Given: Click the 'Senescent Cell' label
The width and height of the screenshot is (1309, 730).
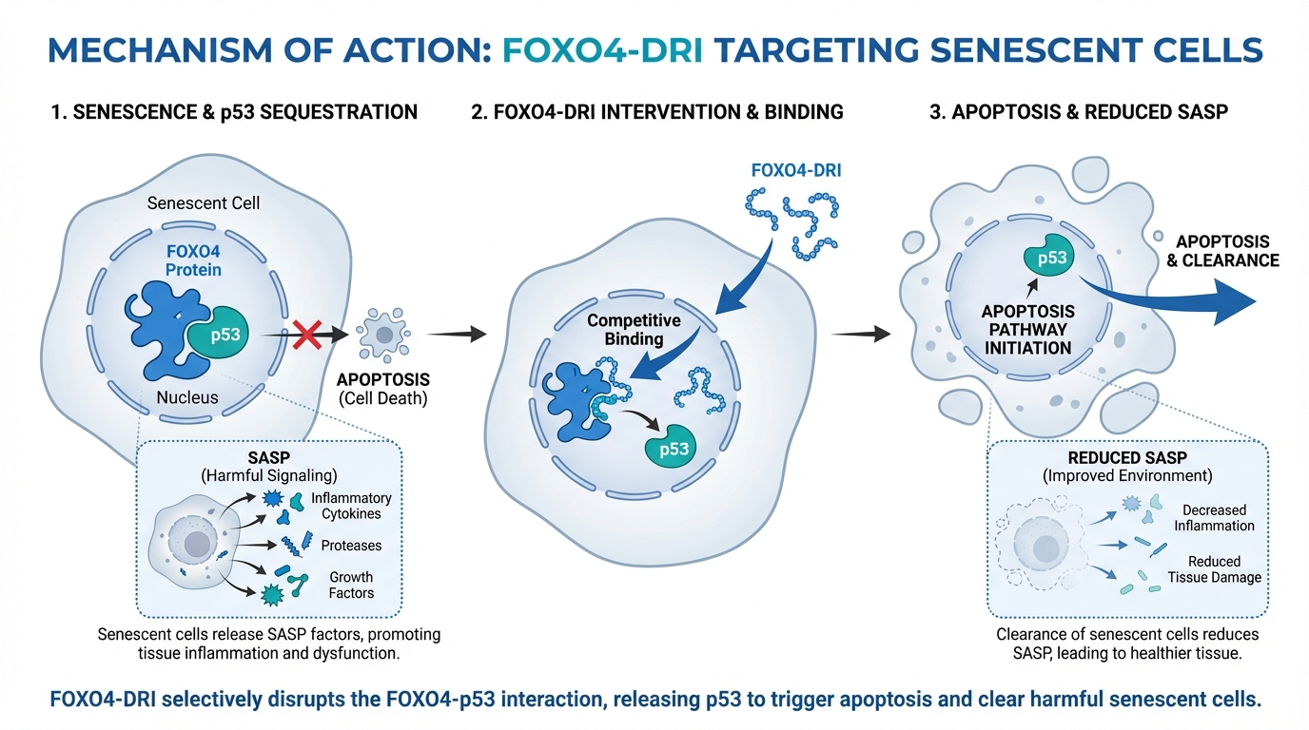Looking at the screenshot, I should pos(204,203).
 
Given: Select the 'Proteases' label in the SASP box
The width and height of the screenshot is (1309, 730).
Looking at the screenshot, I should pos(351,546).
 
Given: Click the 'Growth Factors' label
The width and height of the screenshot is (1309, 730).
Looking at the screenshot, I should pos(351,585).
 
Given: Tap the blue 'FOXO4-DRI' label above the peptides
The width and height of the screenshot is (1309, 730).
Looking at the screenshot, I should pos(789,172).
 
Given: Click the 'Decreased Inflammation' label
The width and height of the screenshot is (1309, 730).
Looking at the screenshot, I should pos(1214,518).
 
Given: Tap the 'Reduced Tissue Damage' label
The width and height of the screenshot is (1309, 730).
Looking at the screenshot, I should pos(1214,569).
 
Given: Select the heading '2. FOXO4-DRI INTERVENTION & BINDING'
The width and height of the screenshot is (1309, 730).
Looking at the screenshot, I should pos(656,112).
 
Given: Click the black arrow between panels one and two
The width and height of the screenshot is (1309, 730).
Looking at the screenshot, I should pos(457,335).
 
